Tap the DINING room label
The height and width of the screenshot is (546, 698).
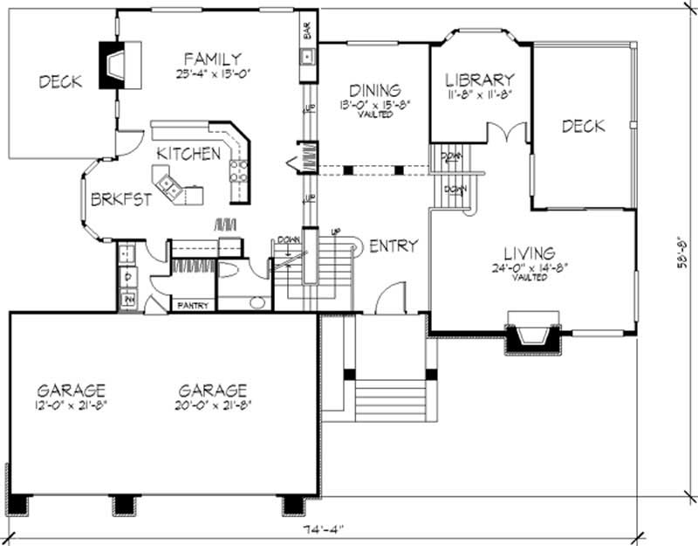coord(375,90)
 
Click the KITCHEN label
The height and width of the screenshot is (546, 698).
coord(188,154)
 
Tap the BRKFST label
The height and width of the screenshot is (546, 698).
coord(121,198)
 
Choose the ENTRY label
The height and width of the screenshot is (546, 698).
coord(393,245)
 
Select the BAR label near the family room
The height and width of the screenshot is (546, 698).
coord(306,30)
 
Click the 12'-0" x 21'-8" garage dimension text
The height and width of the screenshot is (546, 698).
coord(72,404)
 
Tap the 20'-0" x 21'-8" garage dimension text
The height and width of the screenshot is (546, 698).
coord(212,404)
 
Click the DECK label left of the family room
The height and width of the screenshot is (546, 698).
coord(60,82)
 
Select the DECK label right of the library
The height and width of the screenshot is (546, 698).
coord(583,127)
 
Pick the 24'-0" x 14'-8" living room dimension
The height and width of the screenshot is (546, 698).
coord(530,268)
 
